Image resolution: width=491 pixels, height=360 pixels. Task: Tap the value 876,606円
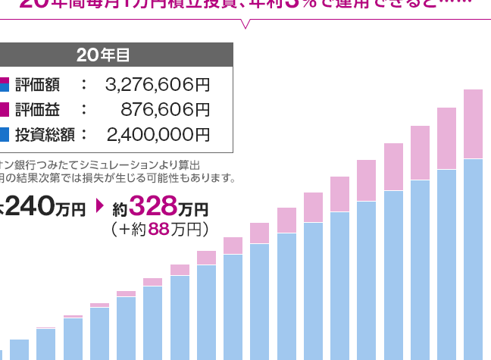tap(165, 109)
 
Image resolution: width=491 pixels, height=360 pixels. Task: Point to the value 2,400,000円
tap(158, 135)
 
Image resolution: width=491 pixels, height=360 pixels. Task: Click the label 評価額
tap(37, 84)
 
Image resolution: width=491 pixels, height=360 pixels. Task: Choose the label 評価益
tap(37, 109)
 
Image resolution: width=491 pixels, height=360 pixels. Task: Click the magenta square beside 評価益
tap(4, 109)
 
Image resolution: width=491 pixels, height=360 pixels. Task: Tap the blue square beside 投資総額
tap(4, 135)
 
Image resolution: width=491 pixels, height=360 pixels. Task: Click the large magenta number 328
tap(154, 205)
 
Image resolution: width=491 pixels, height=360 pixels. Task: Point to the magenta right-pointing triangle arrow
tap(99, 206)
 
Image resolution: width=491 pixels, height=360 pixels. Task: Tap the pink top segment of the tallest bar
tap(473, 124)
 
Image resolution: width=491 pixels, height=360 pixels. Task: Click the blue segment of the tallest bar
tap(473, 258)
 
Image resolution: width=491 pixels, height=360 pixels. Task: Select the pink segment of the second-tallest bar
tap(446, 138)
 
